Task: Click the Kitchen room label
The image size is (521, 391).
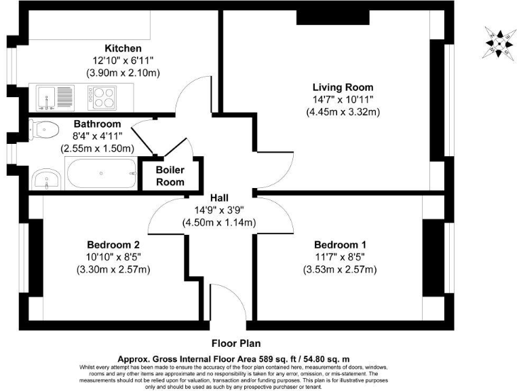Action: pyautogui.click(x=123, y=48)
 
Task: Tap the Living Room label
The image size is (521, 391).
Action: pyautogui.click(x=343, y=88)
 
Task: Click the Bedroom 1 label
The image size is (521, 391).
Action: pyautogui.click(x=339, y=245)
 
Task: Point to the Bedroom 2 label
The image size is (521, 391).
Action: pyautogui.click(x=113, y=245)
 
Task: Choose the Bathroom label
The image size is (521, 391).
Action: pyautogui.click(x=98, y=124)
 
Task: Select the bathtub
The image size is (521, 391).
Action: pyautogui.click(x=100, y=174)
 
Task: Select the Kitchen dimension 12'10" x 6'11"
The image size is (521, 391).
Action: pyautogui.click(x=123, y=60)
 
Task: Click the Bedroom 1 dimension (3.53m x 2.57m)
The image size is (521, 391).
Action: pyautogui.click(x=339, y=269)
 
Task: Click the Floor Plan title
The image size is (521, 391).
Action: pyautogui.click(x=236, y=343)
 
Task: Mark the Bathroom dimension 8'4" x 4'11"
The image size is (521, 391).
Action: pyautogui.click(x=98, y=136)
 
